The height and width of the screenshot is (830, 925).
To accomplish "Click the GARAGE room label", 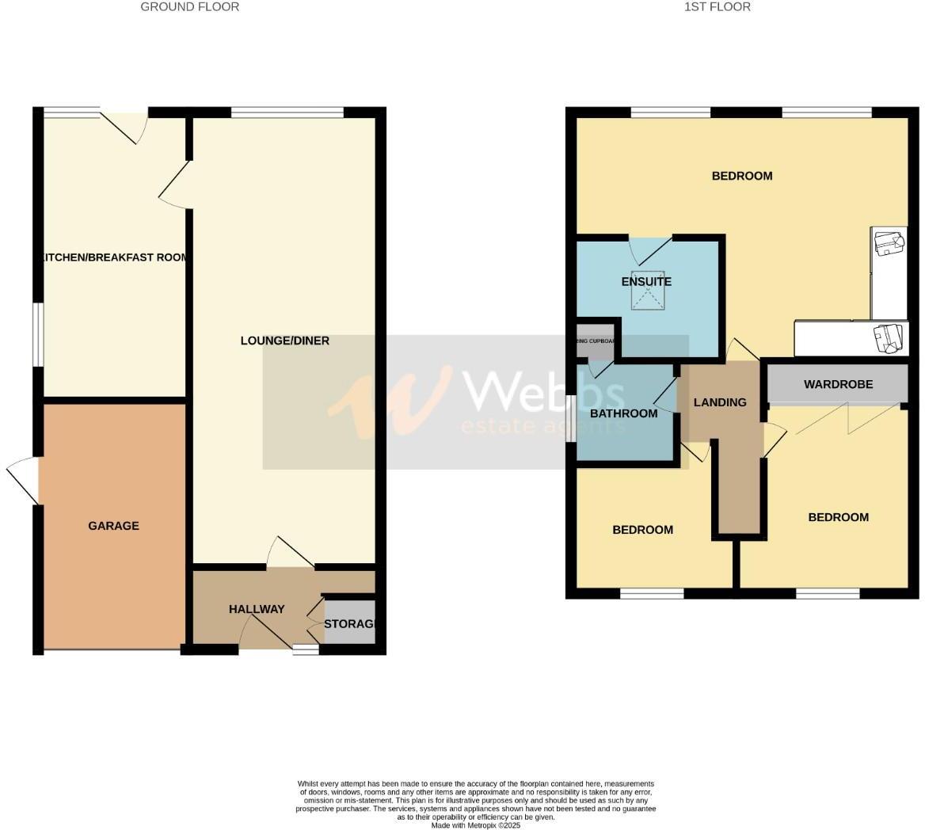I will coord(113,526).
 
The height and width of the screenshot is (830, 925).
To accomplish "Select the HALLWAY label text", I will coord(257,609).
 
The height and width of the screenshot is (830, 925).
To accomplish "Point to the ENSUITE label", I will coord(646,282).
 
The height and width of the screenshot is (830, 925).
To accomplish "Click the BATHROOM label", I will coord(624,413).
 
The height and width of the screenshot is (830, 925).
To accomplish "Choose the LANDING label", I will coord(720,402).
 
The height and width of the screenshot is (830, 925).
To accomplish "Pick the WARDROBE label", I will coord(838,384).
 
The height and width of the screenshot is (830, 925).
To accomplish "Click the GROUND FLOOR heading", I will coord(189,7).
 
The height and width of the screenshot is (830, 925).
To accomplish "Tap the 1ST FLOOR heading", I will coord(718,7).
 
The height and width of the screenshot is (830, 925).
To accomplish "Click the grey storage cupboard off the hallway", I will coord(349,622).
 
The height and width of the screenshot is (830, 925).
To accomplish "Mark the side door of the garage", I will coord(24,480).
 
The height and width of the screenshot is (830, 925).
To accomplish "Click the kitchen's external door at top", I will coord(127,127).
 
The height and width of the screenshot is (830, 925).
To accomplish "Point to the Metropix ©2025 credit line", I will coord(475,825).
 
